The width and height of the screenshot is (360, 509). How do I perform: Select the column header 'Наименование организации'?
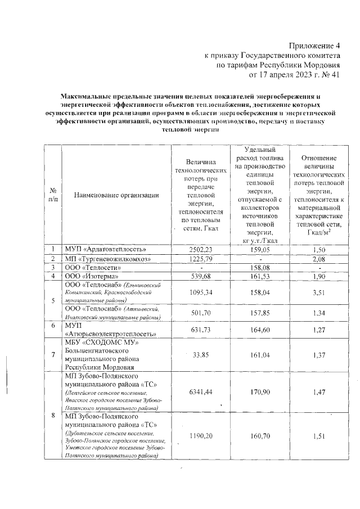click(x=115, y=195)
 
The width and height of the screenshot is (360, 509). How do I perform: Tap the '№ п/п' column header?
click(x=52, y=195)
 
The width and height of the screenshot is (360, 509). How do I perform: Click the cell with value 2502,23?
click(x=201, y=249)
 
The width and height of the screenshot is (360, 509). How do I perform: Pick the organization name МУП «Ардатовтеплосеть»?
click(x=105, y=249)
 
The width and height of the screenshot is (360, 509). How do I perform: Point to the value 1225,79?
click(x=201, y=258)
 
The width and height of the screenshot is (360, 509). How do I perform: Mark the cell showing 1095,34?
click(x=201, y=292)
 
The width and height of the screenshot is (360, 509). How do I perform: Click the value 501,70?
click(x=201, y=313)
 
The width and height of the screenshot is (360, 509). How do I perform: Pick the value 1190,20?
click(x=201, y=436)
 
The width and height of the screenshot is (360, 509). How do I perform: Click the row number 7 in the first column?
click(x=52, y=354)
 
